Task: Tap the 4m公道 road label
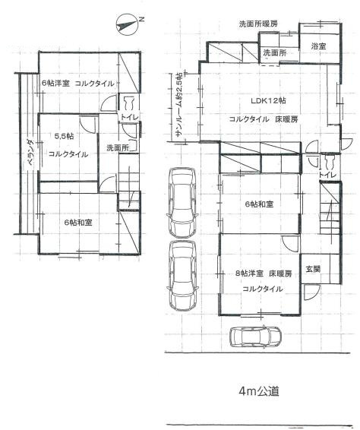coord(259,392)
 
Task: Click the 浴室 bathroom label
coord(318,46)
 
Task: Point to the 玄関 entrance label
coord(313,269)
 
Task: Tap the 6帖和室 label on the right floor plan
coord(259,204)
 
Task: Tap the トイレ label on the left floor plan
coord(128,119)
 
